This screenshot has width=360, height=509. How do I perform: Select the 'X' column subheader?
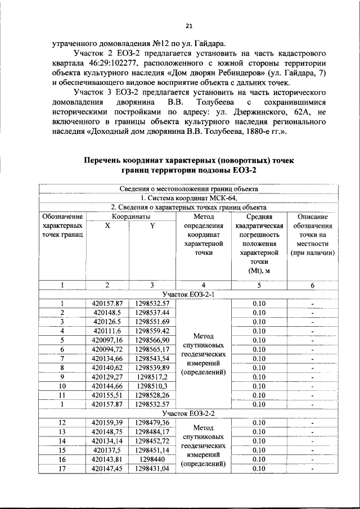click(107, 226)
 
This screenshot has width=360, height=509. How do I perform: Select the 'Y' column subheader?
click(152, 226)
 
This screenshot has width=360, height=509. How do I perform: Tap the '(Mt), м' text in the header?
click(259, 271)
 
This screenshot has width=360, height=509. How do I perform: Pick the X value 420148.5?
click(107, 312)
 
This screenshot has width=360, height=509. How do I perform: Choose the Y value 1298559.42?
click(152, 331)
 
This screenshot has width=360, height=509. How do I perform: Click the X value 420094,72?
click(107, 349)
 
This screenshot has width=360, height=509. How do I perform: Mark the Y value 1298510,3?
click(152, 386)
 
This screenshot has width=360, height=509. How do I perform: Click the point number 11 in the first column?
click(61, 395)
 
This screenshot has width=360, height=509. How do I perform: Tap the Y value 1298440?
click(152, 459)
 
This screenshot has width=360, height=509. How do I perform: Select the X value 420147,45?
click(107, 468)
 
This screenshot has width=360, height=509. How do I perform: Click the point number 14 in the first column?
click(61, 440)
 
